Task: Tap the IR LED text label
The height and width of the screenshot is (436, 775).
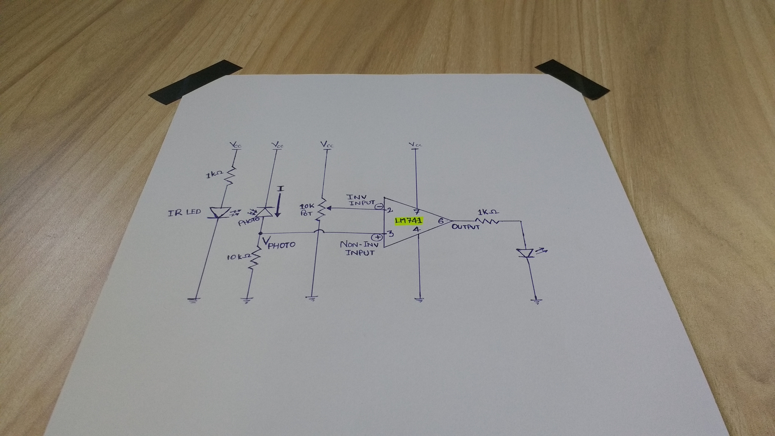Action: point(184,212)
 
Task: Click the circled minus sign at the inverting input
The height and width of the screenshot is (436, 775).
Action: point(379,206)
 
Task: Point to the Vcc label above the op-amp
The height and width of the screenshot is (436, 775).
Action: point(416,145)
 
